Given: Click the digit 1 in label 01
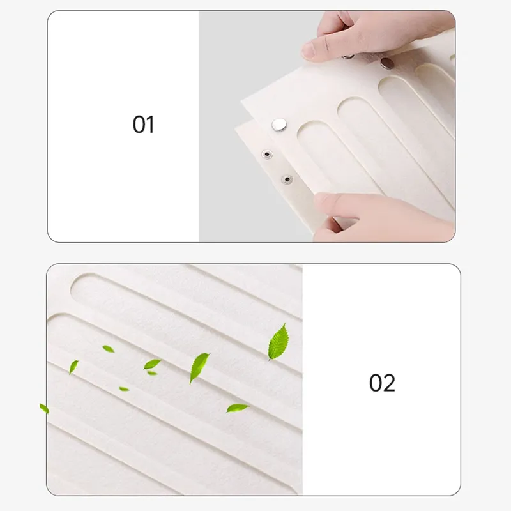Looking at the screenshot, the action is click(150, 125).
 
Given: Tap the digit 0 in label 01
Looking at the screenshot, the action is click(139, 125).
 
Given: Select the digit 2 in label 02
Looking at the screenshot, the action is click(390, 383).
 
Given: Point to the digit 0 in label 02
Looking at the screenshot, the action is click(376, 383).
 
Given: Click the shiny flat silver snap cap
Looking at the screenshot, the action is click(279, 125).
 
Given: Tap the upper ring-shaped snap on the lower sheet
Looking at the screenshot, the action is click(267, 154).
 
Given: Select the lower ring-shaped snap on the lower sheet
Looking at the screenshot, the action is click(287, 179).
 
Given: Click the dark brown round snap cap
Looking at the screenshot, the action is click(387, 63).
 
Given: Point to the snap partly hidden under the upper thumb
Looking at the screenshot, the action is click(347, 57).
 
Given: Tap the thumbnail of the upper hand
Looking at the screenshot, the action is click(307, 50).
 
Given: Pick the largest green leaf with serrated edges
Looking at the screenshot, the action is click(278, 342).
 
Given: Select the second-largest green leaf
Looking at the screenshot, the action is click(199, 368).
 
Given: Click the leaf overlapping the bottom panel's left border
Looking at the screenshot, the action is click(44, 408).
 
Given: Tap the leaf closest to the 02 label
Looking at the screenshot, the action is click(278, 342).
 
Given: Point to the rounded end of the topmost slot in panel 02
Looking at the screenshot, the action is click(78, 284).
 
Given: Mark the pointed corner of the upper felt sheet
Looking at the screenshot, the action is click(241, 101).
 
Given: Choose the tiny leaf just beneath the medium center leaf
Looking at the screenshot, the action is click(152, 373).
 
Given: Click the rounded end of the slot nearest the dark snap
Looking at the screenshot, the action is click(390, 82).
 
